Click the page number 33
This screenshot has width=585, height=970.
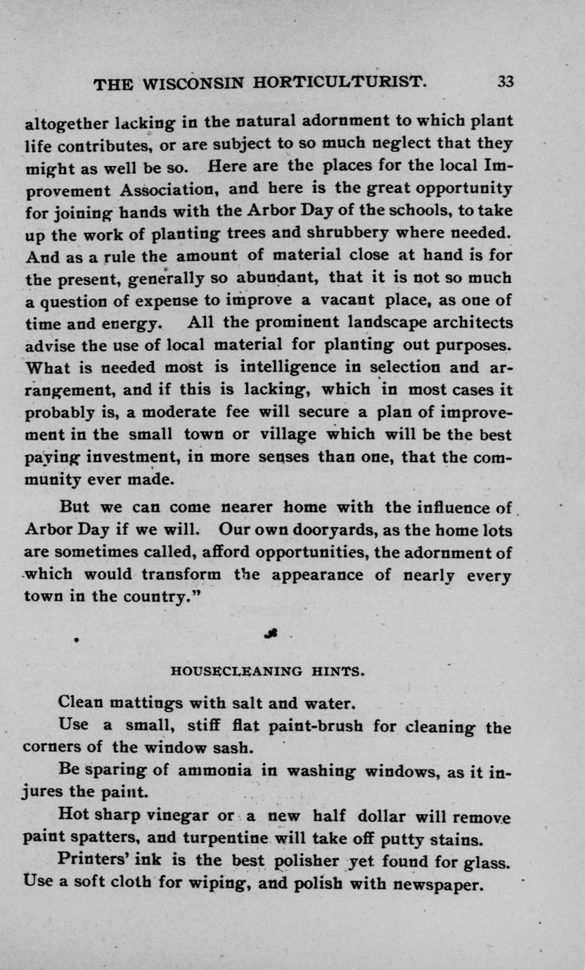[x=506, y=81]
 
